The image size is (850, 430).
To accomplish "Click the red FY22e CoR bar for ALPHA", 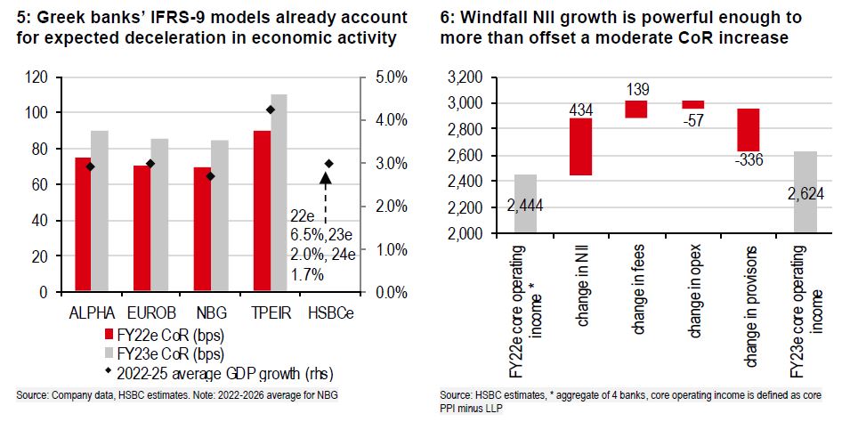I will click(x=83, y=223).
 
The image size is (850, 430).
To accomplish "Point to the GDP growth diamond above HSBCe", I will click(x=328, y=164).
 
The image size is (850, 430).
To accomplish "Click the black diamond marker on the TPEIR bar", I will click(x=271, y=110).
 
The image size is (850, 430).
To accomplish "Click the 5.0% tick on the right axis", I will click(x=389, y=77).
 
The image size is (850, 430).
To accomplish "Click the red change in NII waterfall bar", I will click(x=581, y=147).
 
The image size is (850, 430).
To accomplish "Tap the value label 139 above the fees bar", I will click(x=636, y=89).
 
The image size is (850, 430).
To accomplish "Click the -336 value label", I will click(x=747, y=160).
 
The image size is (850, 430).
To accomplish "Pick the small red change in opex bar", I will click(x=692, y=104).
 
